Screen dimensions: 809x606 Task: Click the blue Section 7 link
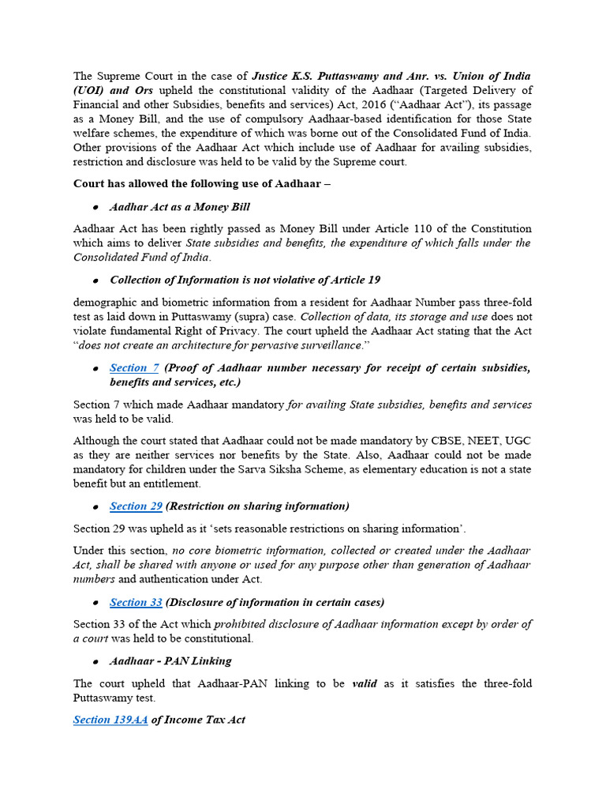point(135,367)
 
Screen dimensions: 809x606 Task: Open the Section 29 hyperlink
point(136,506)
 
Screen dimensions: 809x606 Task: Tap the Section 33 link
point(136,602)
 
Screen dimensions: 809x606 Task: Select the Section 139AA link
point(110,720)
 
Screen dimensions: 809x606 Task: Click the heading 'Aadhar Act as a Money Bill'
point(180,206)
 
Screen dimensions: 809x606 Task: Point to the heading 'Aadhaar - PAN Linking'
point(170,660)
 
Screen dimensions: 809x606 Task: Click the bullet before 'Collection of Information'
point(95,280)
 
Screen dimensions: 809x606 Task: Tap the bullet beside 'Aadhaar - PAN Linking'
point(95,661)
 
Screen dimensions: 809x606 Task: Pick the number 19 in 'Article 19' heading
point(373,280)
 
